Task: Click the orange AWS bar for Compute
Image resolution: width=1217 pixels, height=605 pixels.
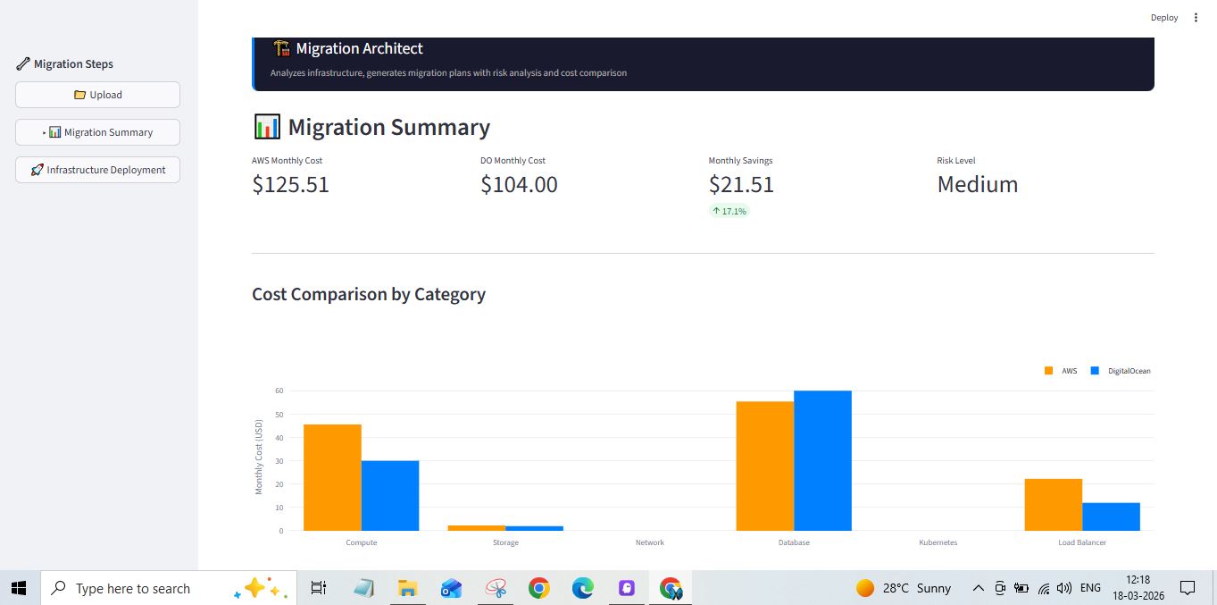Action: pos(332,477)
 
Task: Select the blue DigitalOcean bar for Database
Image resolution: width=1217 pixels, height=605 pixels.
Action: pos(822,460)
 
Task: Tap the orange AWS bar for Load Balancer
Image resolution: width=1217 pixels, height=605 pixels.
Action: pos(1053,505)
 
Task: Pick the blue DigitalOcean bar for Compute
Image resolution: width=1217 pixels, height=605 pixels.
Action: pos(390,495)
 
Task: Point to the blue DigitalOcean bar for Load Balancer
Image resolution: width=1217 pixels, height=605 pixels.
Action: pos(1111,517)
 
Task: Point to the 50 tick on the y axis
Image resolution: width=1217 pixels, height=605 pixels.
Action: pos(279,415)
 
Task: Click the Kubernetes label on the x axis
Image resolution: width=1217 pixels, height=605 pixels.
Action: pos(938,542)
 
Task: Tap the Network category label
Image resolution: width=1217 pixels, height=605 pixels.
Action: pos(649,542)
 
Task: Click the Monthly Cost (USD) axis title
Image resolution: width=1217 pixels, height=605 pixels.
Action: pos(259,456)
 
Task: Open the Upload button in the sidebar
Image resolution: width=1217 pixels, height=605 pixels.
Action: pos(97,95)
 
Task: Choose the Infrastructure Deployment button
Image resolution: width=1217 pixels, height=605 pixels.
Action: pos(97,170)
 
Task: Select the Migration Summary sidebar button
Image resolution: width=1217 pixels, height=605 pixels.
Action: pos(98,132)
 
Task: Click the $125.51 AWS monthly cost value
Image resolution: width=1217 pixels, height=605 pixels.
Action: pos(290,185)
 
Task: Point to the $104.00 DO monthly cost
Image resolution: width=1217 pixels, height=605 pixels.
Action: pos(519,185)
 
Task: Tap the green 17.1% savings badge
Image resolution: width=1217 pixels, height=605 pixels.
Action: pos(729,212)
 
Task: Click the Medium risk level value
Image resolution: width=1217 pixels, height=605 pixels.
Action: pos(977,185)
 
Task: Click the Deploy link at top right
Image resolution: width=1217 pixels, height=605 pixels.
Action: pos(1163,18)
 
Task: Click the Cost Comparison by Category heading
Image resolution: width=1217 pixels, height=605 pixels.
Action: pos(368,294)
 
